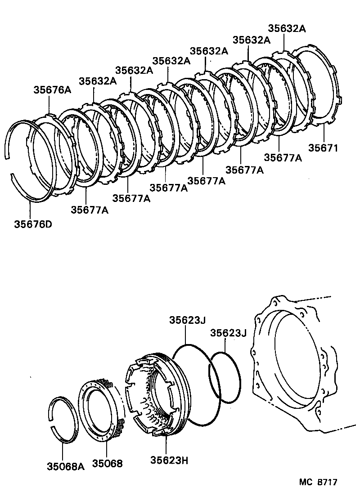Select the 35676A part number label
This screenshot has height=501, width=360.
(x=52, y=90)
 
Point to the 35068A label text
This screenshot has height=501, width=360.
(x=66, y=466)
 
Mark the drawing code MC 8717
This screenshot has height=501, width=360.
(x=318, y=482)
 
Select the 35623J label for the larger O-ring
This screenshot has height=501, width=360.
(x=187, y=320)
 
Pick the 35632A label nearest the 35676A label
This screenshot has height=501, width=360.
(x=98, y=81)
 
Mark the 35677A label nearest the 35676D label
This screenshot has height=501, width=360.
(x=90, y=210)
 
